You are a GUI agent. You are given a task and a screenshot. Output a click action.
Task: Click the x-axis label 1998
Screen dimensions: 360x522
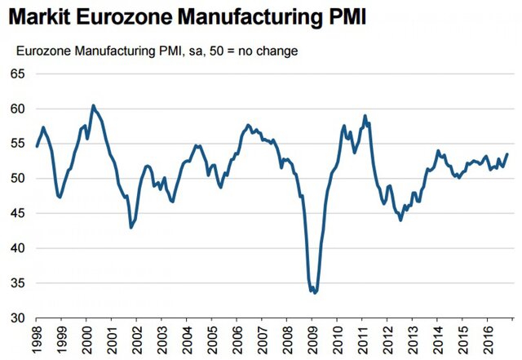(x=38, y=339)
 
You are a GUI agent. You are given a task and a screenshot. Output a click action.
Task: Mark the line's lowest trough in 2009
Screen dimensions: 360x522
(x=315, y=292)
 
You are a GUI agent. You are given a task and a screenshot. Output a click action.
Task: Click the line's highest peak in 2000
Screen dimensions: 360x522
(x=93, y=105)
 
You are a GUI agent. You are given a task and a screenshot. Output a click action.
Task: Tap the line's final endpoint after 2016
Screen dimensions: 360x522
(x=507, y=154)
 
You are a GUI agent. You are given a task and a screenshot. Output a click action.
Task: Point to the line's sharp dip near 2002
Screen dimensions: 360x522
(x=131, y=227)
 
